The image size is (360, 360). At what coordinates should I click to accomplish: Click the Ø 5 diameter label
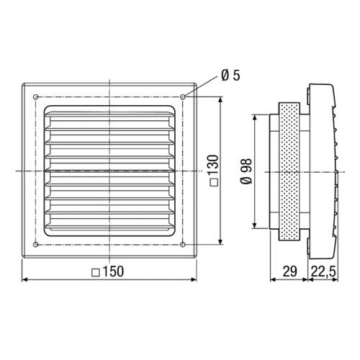[230, 76]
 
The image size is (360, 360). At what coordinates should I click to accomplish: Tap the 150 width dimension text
[113, 271]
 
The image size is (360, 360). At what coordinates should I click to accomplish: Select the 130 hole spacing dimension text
[213, 166]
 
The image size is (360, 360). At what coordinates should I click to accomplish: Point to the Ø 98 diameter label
[246, 171]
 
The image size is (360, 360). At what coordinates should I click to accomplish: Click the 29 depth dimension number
[289, 271]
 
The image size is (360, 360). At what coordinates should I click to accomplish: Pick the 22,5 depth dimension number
[323, 271]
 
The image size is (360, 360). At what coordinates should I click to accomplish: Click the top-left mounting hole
[36, 97]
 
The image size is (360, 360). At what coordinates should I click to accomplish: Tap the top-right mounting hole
[183, 97]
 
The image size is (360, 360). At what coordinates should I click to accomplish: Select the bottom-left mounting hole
[36, 245]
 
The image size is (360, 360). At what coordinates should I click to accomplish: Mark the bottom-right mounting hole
[183, 245]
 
